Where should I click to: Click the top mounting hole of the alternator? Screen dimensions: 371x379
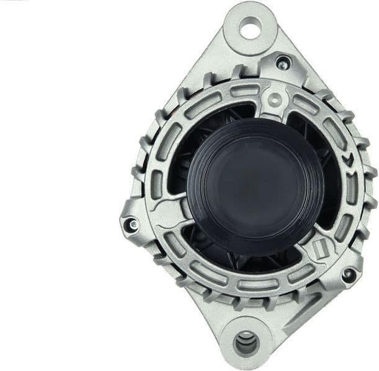coord(251,27)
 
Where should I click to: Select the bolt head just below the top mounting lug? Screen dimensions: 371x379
coord(282,62)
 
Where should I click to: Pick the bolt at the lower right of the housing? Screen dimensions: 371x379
coord(349,274)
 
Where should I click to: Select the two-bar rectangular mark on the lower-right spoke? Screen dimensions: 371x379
coord(321,248)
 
